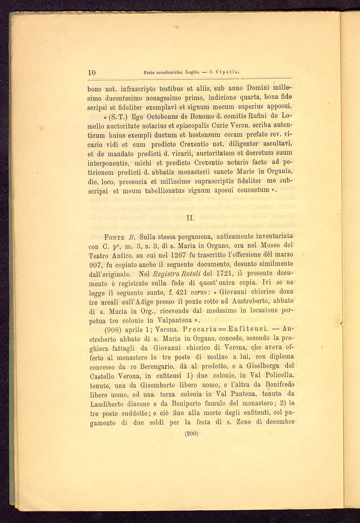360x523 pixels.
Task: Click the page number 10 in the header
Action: [x=91, y=73]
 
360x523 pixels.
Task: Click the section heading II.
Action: [x=190, y=217]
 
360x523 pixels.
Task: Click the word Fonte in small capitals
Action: [x=114, y=237]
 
